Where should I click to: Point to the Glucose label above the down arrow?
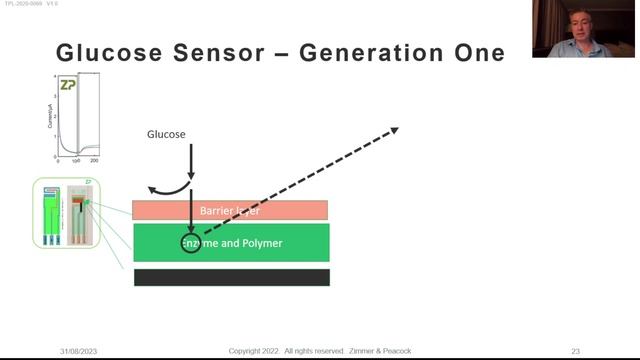point(166,134)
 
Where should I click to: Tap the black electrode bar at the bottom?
point(231,277)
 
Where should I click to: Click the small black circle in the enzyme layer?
point(190,243)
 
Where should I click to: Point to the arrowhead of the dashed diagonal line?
point(394,129)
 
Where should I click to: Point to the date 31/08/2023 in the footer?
point(78,351)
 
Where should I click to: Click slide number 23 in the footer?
point(575,351)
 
